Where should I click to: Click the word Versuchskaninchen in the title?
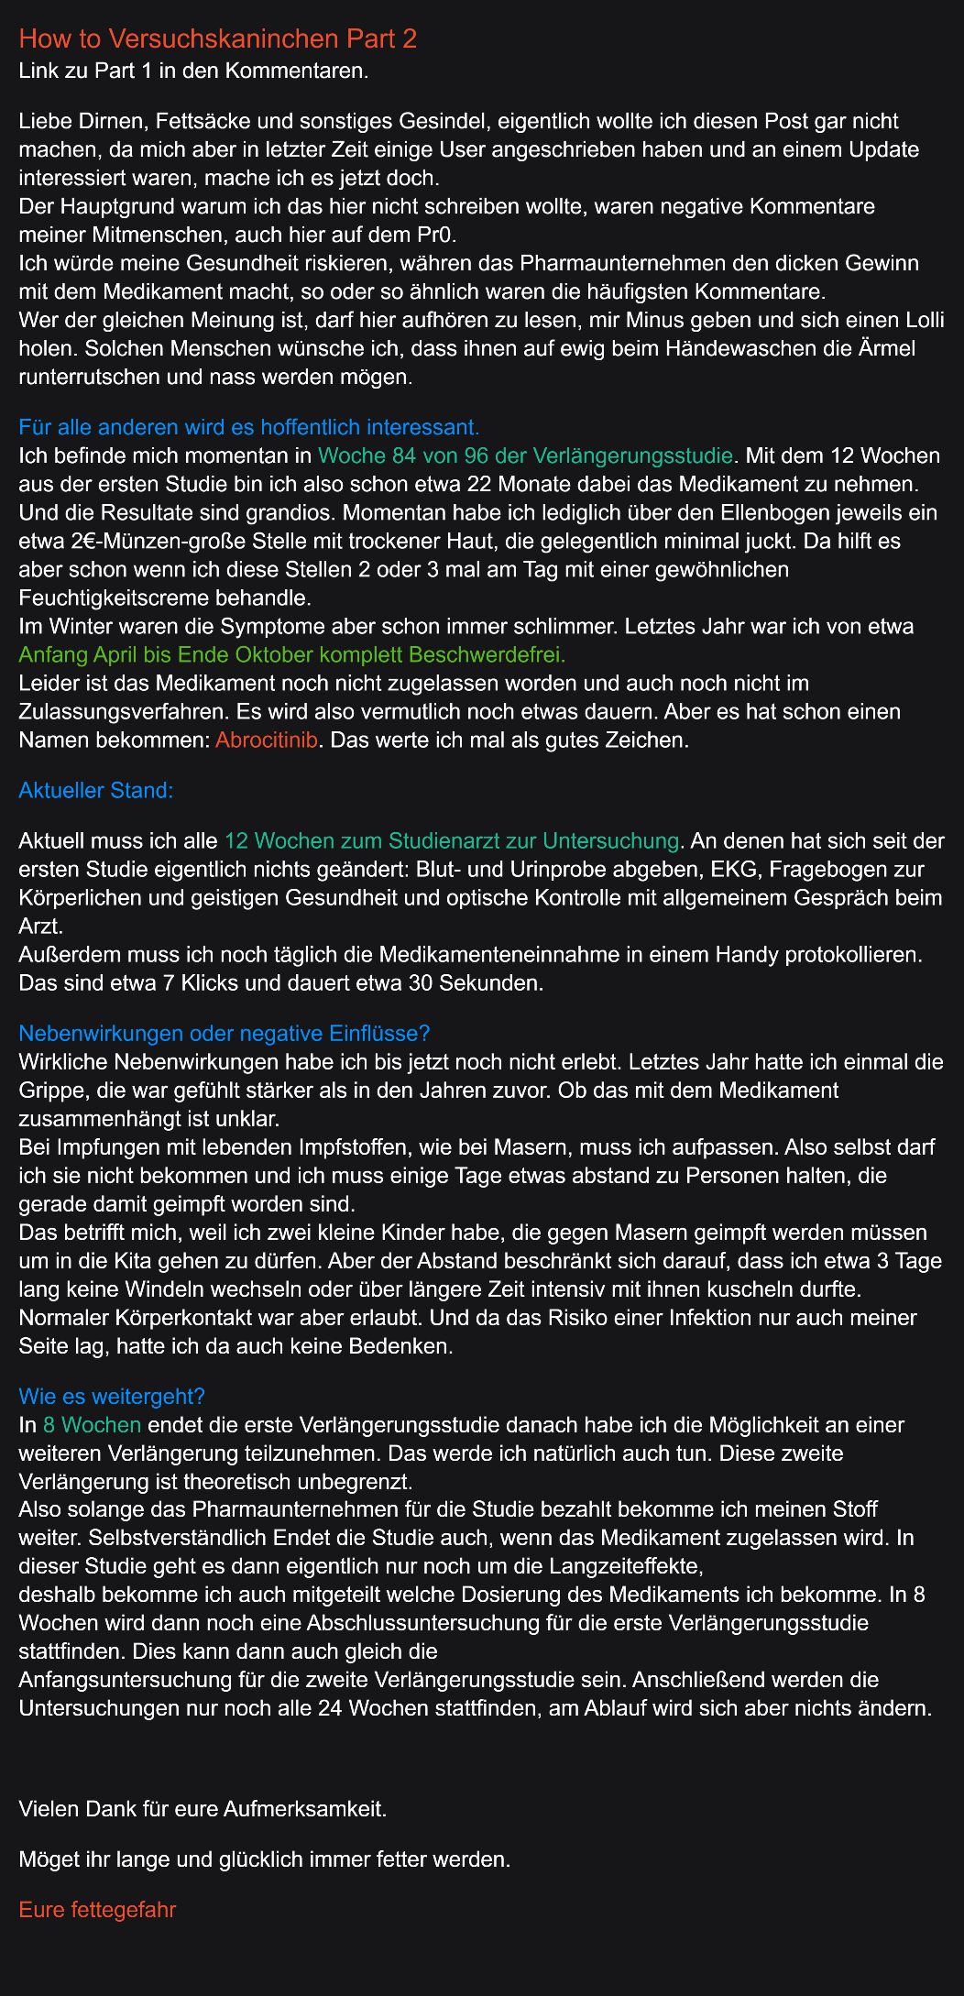224,38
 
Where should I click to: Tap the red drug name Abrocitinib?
267,740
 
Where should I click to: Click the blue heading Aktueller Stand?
96,790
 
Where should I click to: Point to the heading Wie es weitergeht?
112,1396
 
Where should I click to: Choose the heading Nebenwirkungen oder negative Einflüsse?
225,1033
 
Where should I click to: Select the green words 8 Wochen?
92,1424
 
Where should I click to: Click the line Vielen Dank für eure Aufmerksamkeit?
203,1809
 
